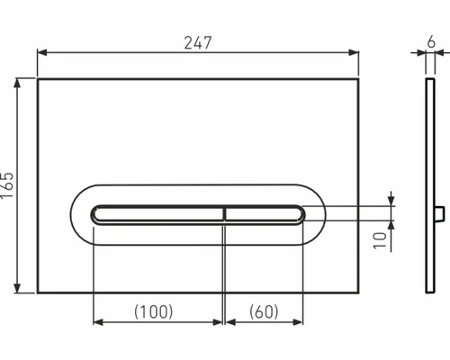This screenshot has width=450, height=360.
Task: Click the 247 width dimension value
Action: tap(199, 40)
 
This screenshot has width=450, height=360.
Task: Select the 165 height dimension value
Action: tap(9, 185)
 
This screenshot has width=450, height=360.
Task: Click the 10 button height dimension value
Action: tap(381, 239)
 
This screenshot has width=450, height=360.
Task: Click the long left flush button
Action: tap(157, 212)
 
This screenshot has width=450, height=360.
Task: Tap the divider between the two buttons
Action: tap(223, 212)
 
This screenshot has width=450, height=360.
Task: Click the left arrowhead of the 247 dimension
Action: tap(41, 52)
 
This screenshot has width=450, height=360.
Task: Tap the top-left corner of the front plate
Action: tap(38, 79)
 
